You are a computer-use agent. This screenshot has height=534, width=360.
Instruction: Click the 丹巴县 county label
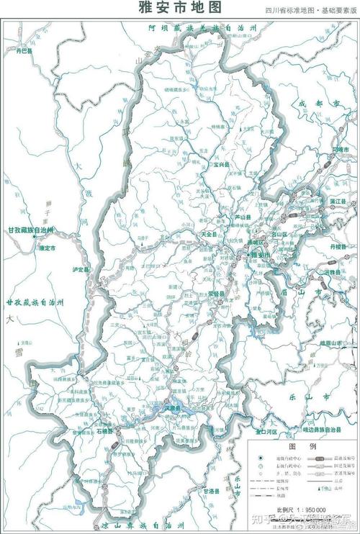click(26, 52)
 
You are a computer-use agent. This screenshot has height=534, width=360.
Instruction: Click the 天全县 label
click(210, 234)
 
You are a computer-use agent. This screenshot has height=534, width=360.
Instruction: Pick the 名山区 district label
click(279, 234)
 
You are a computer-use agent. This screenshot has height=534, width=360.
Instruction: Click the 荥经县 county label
click(217, 294)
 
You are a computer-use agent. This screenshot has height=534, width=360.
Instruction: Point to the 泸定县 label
click(81, 269)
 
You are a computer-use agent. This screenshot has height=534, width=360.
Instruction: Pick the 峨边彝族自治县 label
click(315, 429)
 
